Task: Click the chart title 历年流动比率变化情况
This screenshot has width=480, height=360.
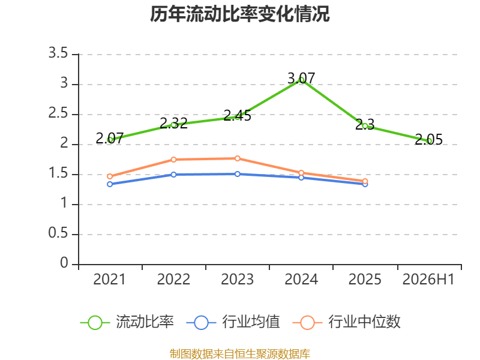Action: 239,14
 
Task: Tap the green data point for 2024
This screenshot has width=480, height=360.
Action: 301,80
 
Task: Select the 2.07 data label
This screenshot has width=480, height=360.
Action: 110,139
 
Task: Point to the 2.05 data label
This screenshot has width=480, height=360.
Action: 429,140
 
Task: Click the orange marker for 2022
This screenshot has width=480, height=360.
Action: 173,160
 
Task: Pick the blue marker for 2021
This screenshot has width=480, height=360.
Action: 110,184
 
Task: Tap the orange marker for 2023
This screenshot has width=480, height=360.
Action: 237,158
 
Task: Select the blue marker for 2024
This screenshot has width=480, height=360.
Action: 301,178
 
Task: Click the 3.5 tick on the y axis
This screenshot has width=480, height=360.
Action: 58,53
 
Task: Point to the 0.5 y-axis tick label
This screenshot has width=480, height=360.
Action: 58,233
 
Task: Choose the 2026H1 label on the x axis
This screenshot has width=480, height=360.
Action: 428,280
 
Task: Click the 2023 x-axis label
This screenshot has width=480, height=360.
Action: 237,280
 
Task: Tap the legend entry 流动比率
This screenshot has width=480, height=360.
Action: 127,322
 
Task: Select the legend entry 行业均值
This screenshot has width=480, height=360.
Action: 233,322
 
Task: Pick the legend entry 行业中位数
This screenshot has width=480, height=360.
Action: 347,322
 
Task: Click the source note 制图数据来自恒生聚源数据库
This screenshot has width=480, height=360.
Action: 240,354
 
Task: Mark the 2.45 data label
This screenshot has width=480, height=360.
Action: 237,116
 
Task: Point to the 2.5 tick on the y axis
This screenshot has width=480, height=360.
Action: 58,113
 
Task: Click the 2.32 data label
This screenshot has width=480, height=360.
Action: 173,124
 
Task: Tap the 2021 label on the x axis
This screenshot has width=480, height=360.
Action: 110,280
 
